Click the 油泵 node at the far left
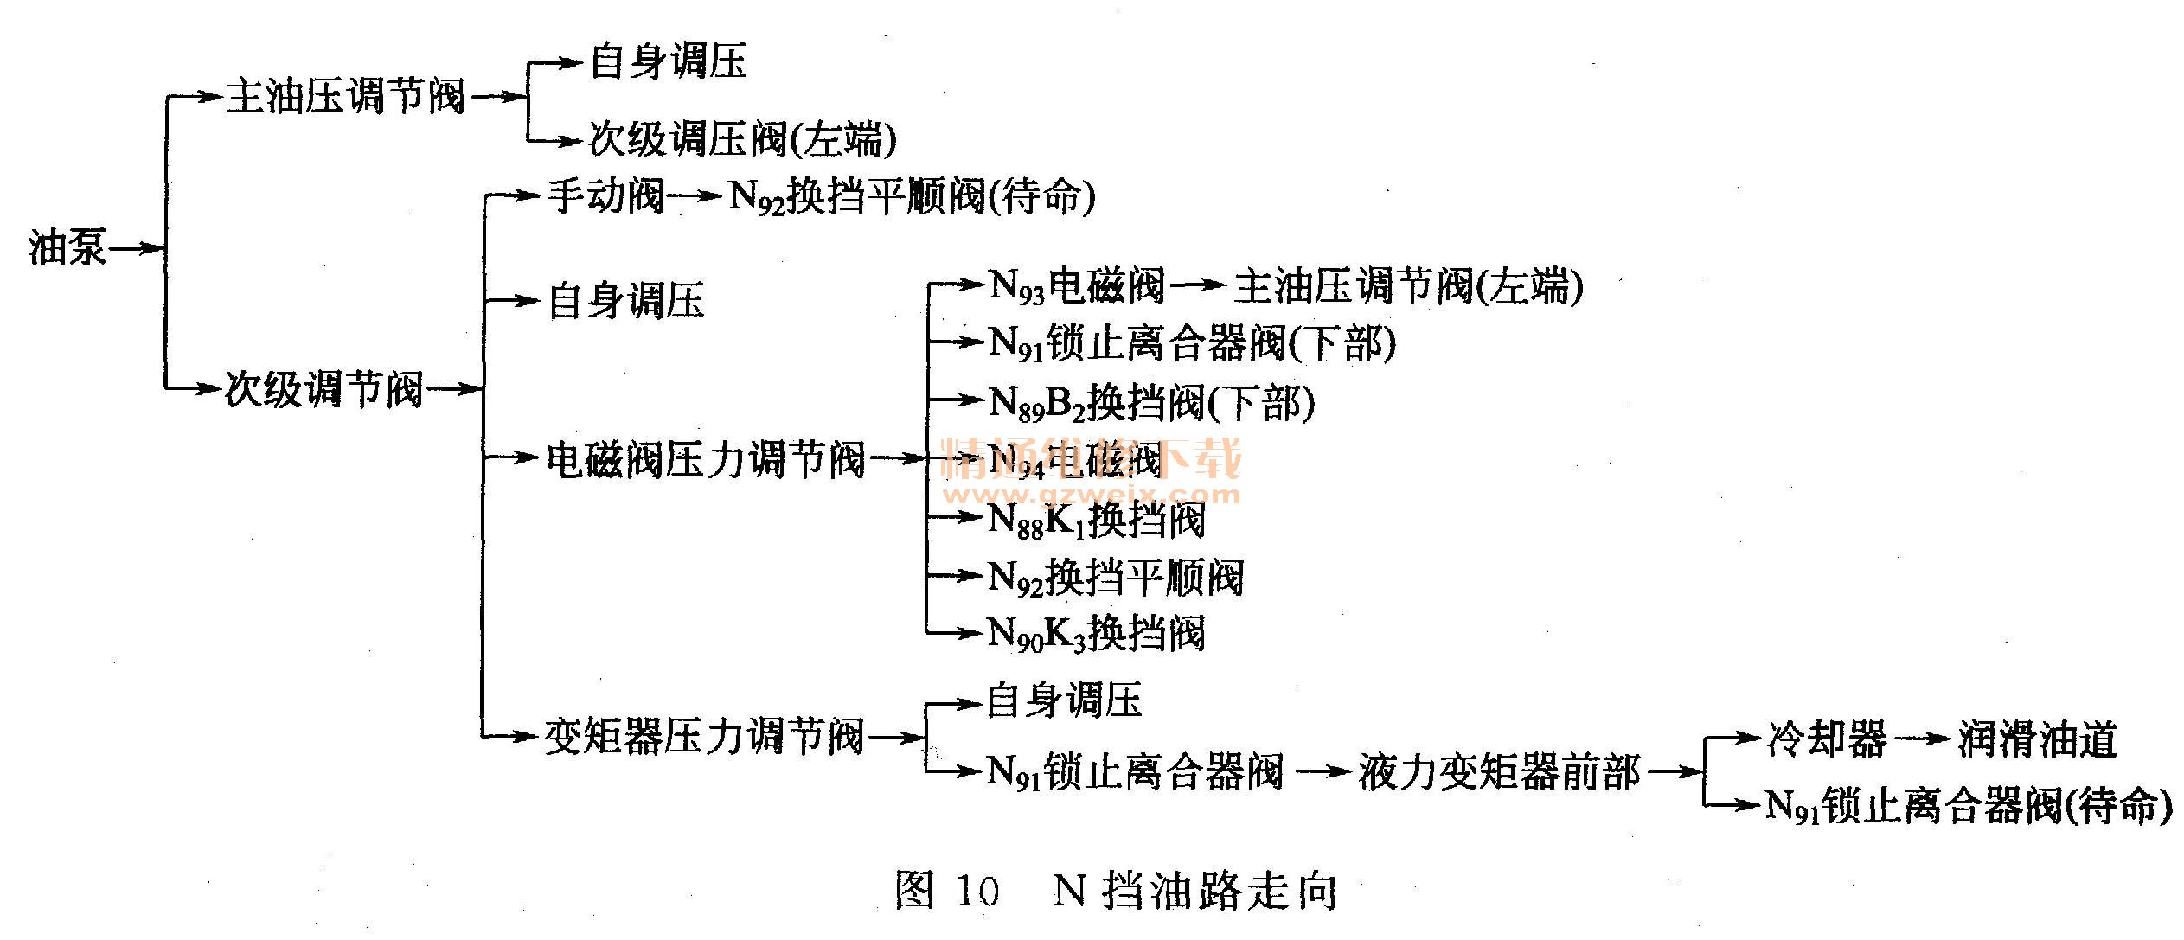click(67, 249)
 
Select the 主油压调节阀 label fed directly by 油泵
click(345, 96)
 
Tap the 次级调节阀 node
click(323, 389)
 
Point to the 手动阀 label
click(605, 195)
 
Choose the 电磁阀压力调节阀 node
click(706, 458)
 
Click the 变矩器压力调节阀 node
click(704, 738)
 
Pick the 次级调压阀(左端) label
click(742, 140)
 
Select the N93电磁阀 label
click(1077, 285)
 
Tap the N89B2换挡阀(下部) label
click(1151, 402)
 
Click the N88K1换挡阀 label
click(1097, 520)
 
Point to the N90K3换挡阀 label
click(1097, 633)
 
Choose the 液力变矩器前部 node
click(1499, 771)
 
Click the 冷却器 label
click(1826, 739)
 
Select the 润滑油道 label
click(2037, 739)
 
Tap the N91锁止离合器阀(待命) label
click(1968, 806)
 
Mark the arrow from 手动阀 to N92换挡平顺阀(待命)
click(695, 196)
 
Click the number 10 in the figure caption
click(977, 891)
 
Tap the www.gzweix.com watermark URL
click(1092, 496)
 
